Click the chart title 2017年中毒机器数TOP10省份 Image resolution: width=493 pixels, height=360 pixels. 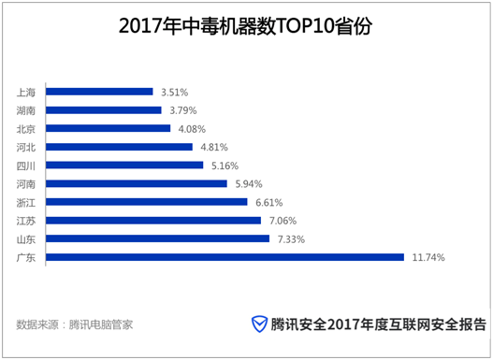point(245,25)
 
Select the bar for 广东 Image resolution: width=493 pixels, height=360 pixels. point(225,257)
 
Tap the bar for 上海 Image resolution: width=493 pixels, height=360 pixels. point(99,92)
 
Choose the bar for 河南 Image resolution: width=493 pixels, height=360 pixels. point(137,184)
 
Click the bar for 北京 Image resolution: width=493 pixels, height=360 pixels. point(108,128)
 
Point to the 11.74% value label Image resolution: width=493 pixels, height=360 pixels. point(428,257)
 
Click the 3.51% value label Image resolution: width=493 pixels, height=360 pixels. point(174,93)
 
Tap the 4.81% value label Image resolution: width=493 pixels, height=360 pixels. point(213,148)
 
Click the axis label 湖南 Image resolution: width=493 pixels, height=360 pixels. point(27,110)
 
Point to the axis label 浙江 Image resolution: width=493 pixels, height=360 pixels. point(27,202)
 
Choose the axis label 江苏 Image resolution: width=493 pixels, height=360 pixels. point(27,221)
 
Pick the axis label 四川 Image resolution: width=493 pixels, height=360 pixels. point(27,166)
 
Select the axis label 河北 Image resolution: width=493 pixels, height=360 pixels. point(27,147)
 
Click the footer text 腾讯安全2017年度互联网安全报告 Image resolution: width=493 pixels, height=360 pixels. point(379,324)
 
